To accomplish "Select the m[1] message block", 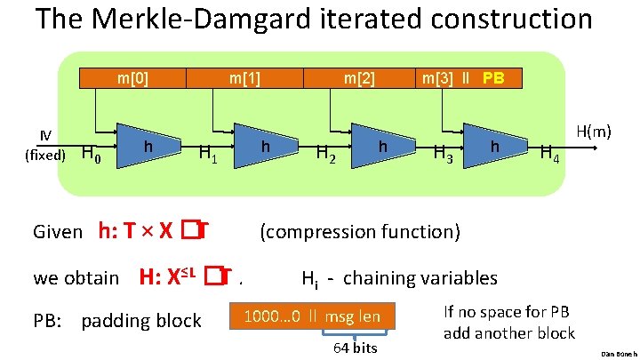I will (x=244, y=78).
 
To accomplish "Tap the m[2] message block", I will (x=360, y=78).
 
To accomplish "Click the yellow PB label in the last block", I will (x=493, y=78).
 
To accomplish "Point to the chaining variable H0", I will (x=92, y=156).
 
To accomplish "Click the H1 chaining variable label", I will (x=209, y=156).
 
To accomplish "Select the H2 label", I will (x=327, y=156).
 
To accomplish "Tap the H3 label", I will (x=443, y=156).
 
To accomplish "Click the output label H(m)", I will (x=594, y=132).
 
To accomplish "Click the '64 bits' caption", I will (x=356, y=348).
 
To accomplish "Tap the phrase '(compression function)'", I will (x=359, y=232).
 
